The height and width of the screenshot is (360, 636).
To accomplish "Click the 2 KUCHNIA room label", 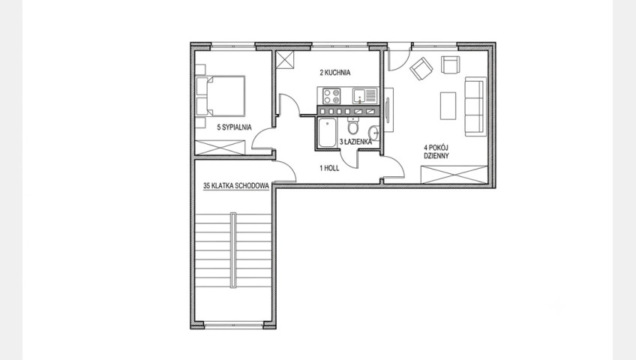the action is pyautogui.click(x=335, y=73).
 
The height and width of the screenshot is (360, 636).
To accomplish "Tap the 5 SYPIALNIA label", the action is pyautogui.click(x=235, y=127).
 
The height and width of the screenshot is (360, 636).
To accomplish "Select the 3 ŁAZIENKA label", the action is pyautogui.click(x=355, y=142).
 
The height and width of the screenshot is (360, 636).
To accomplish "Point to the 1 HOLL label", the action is pyautogui.click(x=329, y=168).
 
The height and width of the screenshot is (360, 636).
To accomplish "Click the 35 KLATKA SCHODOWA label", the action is pyautogui.click(x=236, y=186).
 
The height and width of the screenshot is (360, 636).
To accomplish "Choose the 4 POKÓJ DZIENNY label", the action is pyautogui.click(x=436, y=151).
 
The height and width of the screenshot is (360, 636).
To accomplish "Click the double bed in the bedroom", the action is pyautogui.click(x=220, y=96).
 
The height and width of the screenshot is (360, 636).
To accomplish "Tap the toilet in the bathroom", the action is pyautogui.click(x=353, y=126).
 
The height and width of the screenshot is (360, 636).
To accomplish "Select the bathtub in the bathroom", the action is pyautogui.click(x=327, y=133).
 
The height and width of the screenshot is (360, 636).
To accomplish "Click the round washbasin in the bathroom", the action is pyautogui.click(x=373, y=133).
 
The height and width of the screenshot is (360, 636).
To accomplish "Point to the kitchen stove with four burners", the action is pyautogui.click(x=331, y=96).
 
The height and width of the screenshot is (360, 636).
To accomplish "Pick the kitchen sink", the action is pyautogui.click(x=364, y=96).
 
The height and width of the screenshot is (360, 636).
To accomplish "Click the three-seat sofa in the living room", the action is pyautogui.click(x=475, y=106).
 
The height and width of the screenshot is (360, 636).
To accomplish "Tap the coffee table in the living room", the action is pyautogui.click(x=448, y=106).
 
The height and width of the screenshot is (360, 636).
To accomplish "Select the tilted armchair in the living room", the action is pyautogui.click(x=421, y=68).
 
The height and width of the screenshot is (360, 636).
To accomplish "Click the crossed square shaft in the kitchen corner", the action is pyautogui.click(x=286, y=60).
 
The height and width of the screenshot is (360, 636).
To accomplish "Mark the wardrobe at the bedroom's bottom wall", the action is pyautogui.click(x=220, y=147).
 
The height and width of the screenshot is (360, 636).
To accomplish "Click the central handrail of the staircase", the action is pyautogui.click(x=233, y=250).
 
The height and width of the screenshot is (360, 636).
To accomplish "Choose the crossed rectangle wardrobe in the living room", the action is pyautogui.click(x=454, y=175).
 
